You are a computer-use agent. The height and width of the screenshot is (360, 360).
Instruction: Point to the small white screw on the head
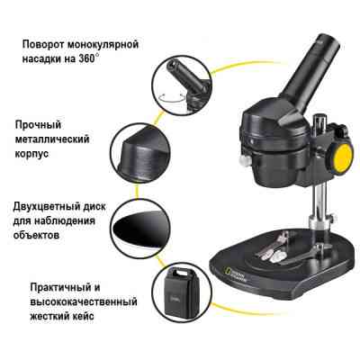tap(245, 162)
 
